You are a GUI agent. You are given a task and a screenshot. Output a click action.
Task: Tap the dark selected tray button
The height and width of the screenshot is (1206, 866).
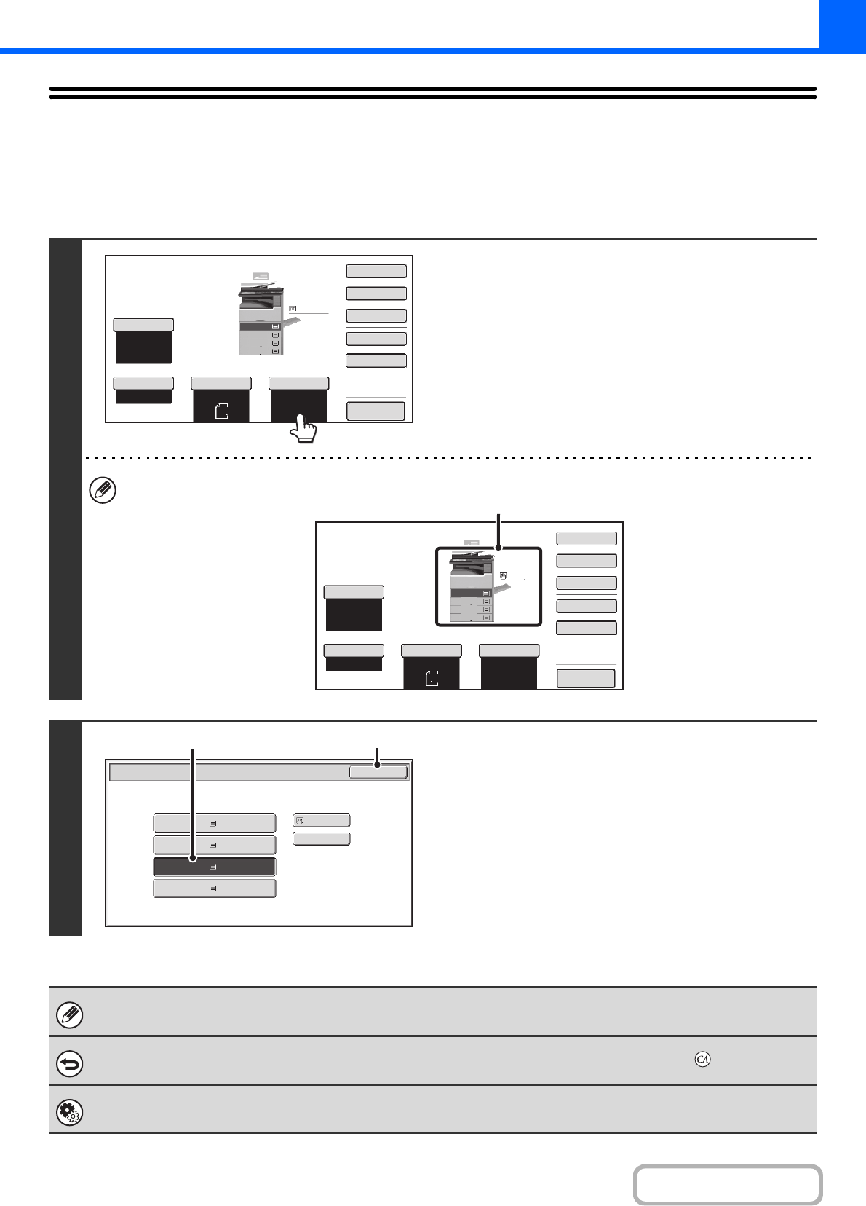tap(214, 867)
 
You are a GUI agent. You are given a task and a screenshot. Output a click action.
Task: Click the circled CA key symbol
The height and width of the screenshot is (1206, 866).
tap(702, 1059)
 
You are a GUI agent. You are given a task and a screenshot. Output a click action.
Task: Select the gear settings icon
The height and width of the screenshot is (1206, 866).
tap(70, 1113)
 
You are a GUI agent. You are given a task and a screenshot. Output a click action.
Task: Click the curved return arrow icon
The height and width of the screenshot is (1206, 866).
tap(70, 1064)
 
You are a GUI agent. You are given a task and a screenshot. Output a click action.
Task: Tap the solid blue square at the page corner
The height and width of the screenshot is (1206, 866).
tap(842, 23)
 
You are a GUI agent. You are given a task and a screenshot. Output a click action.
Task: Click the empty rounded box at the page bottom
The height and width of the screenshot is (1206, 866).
tap(727, 1185)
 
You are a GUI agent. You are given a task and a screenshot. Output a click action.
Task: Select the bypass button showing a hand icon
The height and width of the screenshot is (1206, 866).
tap(321, 820)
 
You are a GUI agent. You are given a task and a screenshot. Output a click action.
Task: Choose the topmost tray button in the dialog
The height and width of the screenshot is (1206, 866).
tap(214, 823)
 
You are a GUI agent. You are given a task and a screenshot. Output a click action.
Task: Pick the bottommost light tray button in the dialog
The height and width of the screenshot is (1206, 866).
tap(214, 888)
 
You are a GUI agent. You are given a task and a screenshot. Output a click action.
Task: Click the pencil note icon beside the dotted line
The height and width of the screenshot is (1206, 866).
tap(102, 491)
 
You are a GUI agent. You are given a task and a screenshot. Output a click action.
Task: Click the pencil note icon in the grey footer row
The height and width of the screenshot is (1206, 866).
tap(70, 1014)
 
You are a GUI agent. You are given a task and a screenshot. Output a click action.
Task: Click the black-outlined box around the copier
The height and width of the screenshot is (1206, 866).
tap(488, 586)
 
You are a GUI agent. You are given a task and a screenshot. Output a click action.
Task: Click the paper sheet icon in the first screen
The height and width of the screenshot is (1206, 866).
tap(222, 411)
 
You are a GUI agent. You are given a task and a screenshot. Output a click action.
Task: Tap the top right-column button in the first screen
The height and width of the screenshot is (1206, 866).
tap(376, 271)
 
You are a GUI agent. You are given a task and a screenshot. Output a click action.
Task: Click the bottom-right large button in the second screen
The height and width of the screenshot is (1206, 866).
tap(586, 679)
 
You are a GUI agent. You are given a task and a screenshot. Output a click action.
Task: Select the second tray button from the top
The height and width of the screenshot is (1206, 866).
tap(214, 845)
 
